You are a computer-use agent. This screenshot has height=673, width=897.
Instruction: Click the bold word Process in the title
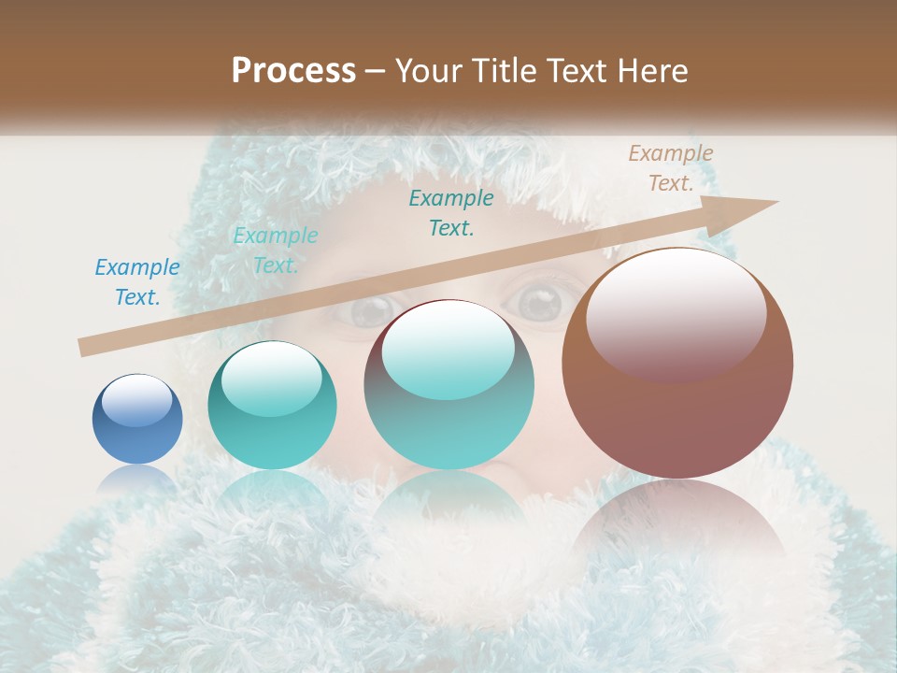pos(293,71)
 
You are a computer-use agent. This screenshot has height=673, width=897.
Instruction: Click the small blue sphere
pos(137,420)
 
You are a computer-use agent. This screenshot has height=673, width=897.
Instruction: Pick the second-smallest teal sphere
pos(272,405)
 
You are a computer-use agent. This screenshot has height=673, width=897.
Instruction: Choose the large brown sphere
pos(677,364)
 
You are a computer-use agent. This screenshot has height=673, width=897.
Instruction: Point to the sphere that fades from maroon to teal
pos(449,384)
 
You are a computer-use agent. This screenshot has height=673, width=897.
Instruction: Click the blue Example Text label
pos(137,282)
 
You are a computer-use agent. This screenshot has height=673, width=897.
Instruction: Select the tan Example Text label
pos(670,168)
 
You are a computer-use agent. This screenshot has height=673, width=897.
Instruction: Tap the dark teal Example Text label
pos(451,212)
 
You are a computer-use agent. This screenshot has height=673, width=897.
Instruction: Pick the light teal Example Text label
pos(276,251)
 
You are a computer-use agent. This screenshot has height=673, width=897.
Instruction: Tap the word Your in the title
pos(424,71)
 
